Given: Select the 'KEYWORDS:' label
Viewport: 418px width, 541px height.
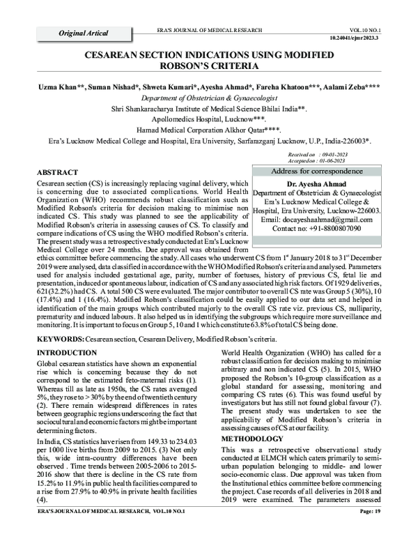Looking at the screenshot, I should pos(59,337).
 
